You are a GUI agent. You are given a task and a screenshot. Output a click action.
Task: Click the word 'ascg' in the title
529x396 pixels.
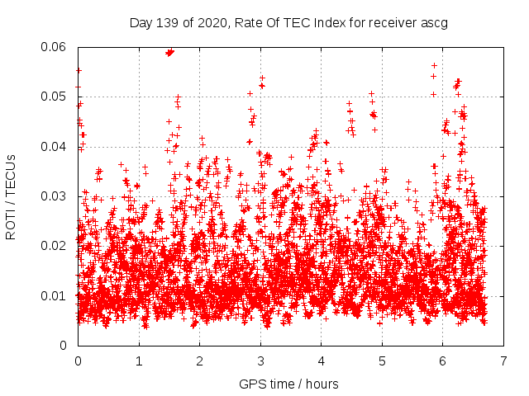click(435, 23)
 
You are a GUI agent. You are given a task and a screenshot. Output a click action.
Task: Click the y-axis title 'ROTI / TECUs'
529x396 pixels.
click(11, 196)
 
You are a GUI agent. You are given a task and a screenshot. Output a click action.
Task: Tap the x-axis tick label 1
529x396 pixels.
click(139, 361)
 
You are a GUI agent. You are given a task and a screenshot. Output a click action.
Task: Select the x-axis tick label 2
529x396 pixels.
click(199, 361)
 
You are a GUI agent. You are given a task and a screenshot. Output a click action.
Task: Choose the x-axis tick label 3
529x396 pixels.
click(260, 361)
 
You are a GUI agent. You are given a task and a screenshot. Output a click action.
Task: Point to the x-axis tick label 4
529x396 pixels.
click(321, 361)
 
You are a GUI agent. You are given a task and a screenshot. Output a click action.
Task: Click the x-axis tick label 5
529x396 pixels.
click(382, 361)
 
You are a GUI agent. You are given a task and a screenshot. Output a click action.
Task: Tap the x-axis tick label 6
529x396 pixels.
click(442, 361)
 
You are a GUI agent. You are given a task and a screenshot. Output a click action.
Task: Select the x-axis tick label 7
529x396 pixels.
click(503, 361)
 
